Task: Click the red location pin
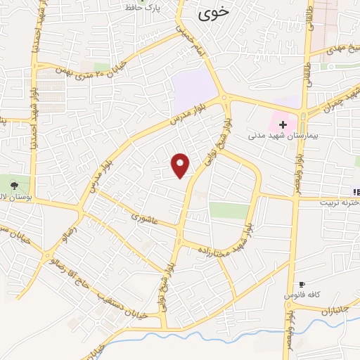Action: [181, 166]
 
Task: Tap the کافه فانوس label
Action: [298, 295]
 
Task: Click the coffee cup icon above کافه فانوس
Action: [302, 283]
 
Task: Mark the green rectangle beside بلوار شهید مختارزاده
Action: [229, 210]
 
